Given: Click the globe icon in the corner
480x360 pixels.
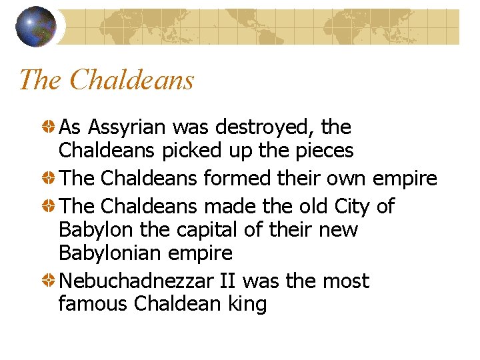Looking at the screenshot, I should click(x=35, y=27).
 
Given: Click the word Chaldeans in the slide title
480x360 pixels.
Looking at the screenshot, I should click(x=131, y=80).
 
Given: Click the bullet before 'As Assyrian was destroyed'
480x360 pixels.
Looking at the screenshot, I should click(x=49, y=126).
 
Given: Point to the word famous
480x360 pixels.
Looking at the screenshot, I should click(x=93, y=305).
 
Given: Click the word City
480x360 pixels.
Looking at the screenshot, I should click(x=351, y=207).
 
